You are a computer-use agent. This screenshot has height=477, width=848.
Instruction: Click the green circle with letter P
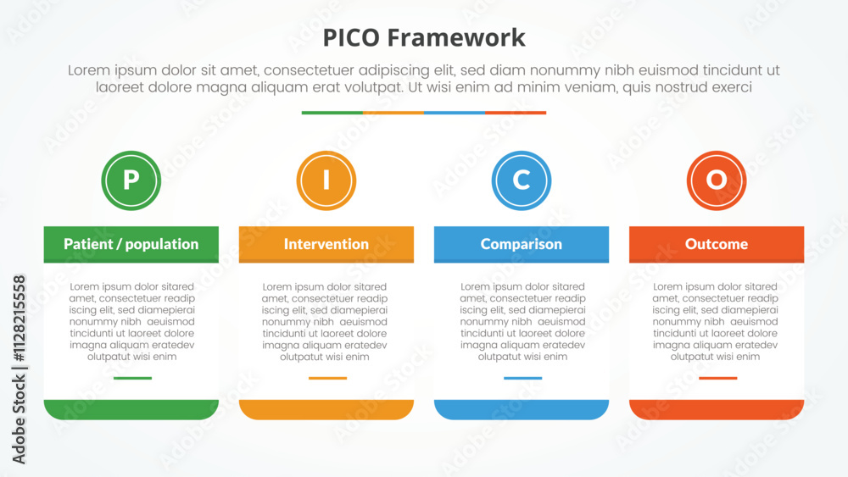[131, 180]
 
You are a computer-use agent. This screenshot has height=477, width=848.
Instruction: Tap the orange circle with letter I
[326, 180]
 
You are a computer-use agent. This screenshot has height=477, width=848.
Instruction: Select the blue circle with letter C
[522, 180]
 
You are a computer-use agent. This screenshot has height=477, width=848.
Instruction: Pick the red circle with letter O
[717, 180]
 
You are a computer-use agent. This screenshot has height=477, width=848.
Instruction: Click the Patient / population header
[131, 244]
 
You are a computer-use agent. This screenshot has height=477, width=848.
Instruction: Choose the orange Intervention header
[326, 244]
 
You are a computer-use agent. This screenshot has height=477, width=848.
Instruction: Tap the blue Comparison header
[522, 244]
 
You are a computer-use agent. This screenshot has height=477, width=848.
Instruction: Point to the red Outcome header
[717, 244]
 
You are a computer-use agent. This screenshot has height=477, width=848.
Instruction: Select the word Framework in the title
[456, 38]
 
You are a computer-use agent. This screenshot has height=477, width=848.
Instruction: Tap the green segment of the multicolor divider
[332, 113]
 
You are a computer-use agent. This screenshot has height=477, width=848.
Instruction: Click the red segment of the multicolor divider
[516, 113]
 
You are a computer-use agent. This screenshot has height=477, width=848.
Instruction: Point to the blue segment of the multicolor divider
[455, 113]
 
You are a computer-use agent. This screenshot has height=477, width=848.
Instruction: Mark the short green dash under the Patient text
[132, 378]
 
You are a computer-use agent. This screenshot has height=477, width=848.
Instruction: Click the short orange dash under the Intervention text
[327, 378]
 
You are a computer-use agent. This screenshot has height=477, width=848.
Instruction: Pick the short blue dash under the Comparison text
[523, 378]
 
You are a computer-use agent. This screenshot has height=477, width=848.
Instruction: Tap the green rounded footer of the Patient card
[131, 409]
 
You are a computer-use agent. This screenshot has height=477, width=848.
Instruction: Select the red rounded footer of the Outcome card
[717, 409]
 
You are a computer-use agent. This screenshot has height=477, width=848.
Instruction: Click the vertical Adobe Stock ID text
[19, 369]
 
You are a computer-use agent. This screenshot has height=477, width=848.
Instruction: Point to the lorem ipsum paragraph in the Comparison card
[523, 321]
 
